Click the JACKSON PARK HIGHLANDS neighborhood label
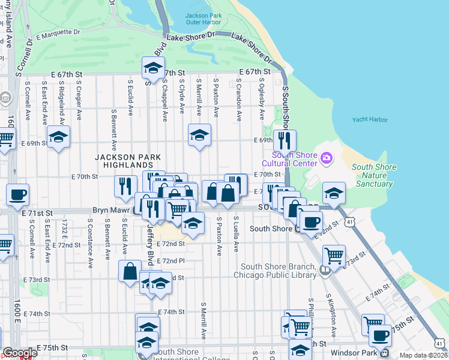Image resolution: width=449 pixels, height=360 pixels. coord(128,161)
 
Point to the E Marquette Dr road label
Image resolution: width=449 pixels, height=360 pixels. coord(58,32)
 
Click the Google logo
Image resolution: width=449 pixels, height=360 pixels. coord(20,353)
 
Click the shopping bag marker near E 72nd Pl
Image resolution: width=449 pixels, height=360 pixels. coord(130,271)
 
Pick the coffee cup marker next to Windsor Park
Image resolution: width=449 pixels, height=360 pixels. coord(380,336)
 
